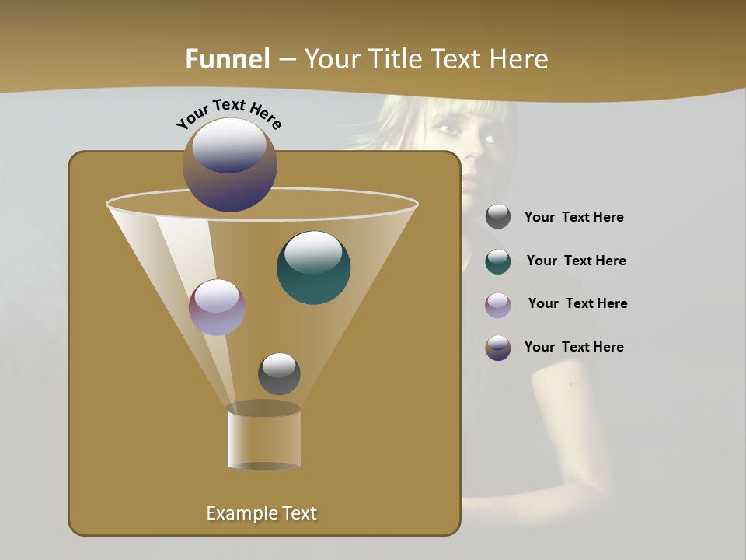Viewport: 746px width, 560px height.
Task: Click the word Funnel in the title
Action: click(x=227, y=59)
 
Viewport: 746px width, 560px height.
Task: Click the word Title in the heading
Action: click(x=395, y=59)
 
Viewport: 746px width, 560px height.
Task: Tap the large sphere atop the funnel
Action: click(x=230, y=165)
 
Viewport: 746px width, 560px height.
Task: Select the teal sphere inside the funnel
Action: click(x=313, y=267)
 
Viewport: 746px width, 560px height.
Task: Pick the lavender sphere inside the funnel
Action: click(x=217, y=307)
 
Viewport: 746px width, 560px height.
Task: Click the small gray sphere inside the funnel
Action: click(x=279, y=373)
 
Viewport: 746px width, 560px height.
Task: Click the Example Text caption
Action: click(x=261, y=513)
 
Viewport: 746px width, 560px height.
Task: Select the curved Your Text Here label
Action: click(x=229, y=113)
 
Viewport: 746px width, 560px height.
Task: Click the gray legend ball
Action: click(x=498, y=217)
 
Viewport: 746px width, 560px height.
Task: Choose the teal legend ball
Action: click(x=498, y=261)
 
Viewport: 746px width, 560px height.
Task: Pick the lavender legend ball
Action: click(x=498, y=305)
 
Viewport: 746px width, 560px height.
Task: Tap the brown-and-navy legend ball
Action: click(x=498, y=348)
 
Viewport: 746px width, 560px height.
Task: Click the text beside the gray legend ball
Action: click(x=573, y=218)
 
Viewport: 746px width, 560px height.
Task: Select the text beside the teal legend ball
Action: click(x=576, y=261)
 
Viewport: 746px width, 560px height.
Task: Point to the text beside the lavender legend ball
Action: click(x=577, y=304)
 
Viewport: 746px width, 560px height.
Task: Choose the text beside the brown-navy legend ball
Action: click(x=573, y=348)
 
